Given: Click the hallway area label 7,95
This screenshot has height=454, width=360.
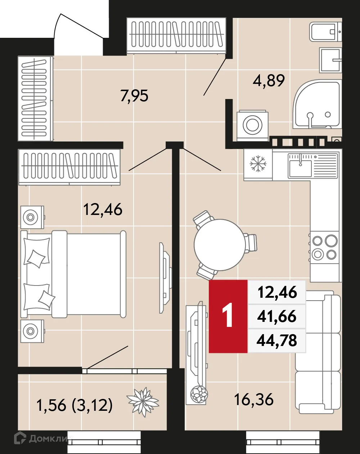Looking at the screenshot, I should pos(134,96).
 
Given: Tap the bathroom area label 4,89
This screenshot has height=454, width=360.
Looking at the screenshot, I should pos(269,80).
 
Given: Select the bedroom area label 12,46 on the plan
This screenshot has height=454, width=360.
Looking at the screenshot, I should pos(103,209).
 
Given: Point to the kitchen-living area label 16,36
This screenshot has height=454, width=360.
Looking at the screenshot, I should pos(253,399).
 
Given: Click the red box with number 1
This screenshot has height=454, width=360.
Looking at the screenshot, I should pos(228,316).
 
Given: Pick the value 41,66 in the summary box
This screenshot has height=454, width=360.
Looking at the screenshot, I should pos(277,316).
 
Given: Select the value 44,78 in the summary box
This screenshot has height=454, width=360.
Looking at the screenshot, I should pos(277,340).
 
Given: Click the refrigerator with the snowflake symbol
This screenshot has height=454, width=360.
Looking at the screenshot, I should pos(258,164).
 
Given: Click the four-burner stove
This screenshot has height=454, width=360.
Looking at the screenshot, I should pos(325,247).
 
